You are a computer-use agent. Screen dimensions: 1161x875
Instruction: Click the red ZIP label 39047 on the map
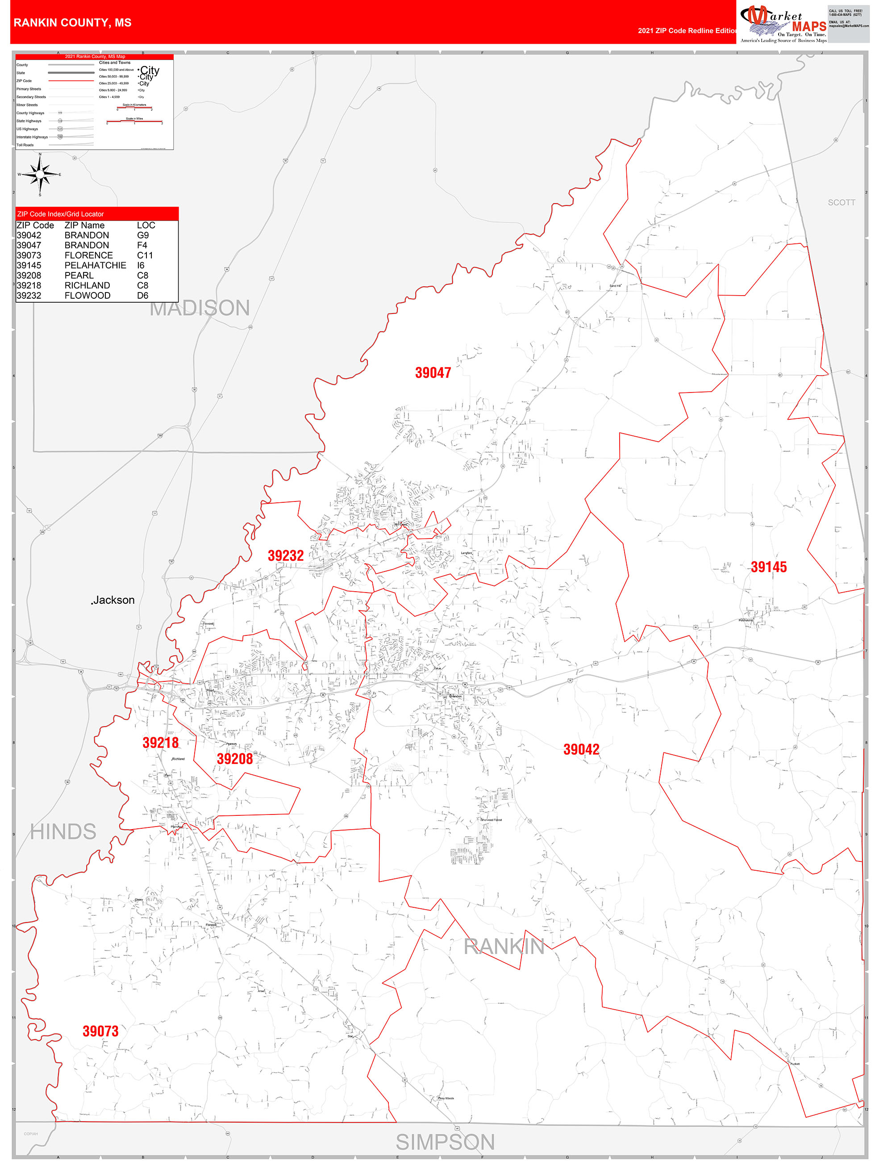coord(433,373)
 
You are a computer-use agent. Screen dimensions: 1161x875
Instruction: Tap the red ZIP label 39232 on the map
coord(285,555)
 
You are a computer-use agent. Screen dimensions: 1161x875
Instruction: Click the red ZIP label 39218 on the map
coord(161,743)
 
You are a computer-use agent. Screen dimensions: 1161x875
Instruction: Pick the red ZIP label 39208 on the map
coord(234,759)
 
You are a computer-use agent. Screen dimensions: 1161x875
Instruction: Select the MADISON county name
coord(200,308)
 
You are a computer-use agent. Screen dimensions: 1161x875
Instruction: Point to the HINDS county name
coord(63,832)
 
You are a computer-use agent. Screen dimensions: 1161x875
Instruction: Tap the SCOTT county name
coord(841,203)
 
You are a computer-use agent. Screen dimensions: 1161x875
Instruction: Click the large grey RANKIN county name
coord(504,946)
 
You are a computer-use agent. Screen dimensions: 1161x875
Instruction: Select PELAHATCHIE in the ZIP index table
coord(95,266)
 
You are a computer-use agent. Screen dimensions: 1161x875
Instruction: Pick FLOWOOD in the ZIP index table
coord(87,296)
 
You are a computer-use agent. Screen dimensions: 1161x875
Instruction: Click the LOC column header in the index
coord(146,225)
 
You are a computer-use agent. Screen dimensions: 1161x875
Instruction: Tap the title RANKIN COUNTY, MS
coord(72,23)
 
